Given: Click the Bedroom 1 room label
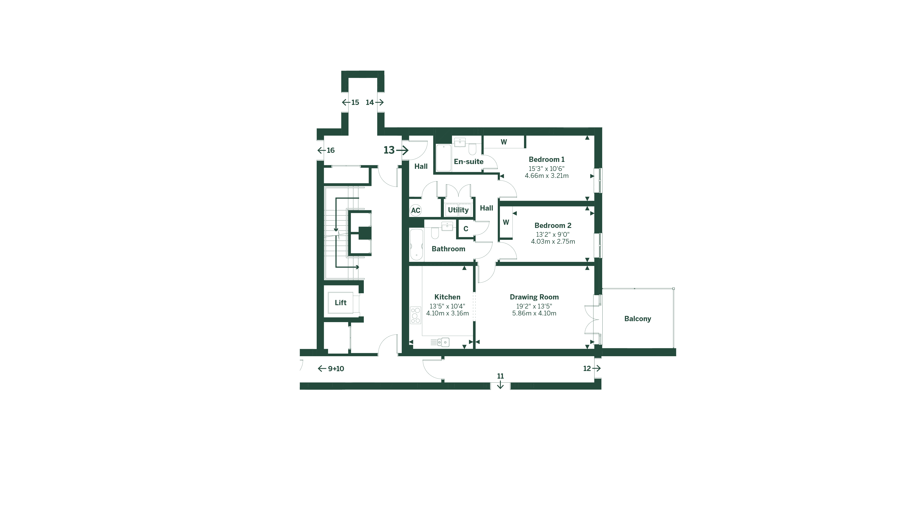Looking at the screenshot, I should [546, 160].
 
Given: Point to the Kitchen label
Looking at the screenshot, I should [447, 297].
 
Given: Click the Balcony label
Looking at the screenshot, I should [638, 319].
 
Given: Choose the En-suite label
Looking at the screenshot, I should [468, 162].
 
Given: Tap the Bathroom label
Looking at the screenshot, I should [448, 249].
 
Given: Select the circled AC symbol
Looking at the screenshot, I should [416, 210].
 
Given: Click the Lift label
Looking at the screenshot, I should [340, 303].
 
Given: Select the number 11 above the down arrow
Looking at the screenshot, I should [500, 376].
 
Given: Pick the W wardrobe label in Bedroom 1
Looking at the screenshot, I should [504, 142].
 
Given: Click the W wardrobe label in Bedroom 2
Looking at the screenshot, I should [506, 222].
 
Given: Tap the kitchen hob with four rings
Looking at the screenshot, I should [415, 315].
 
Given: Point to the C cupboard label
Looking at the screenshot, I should [466, 229].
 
